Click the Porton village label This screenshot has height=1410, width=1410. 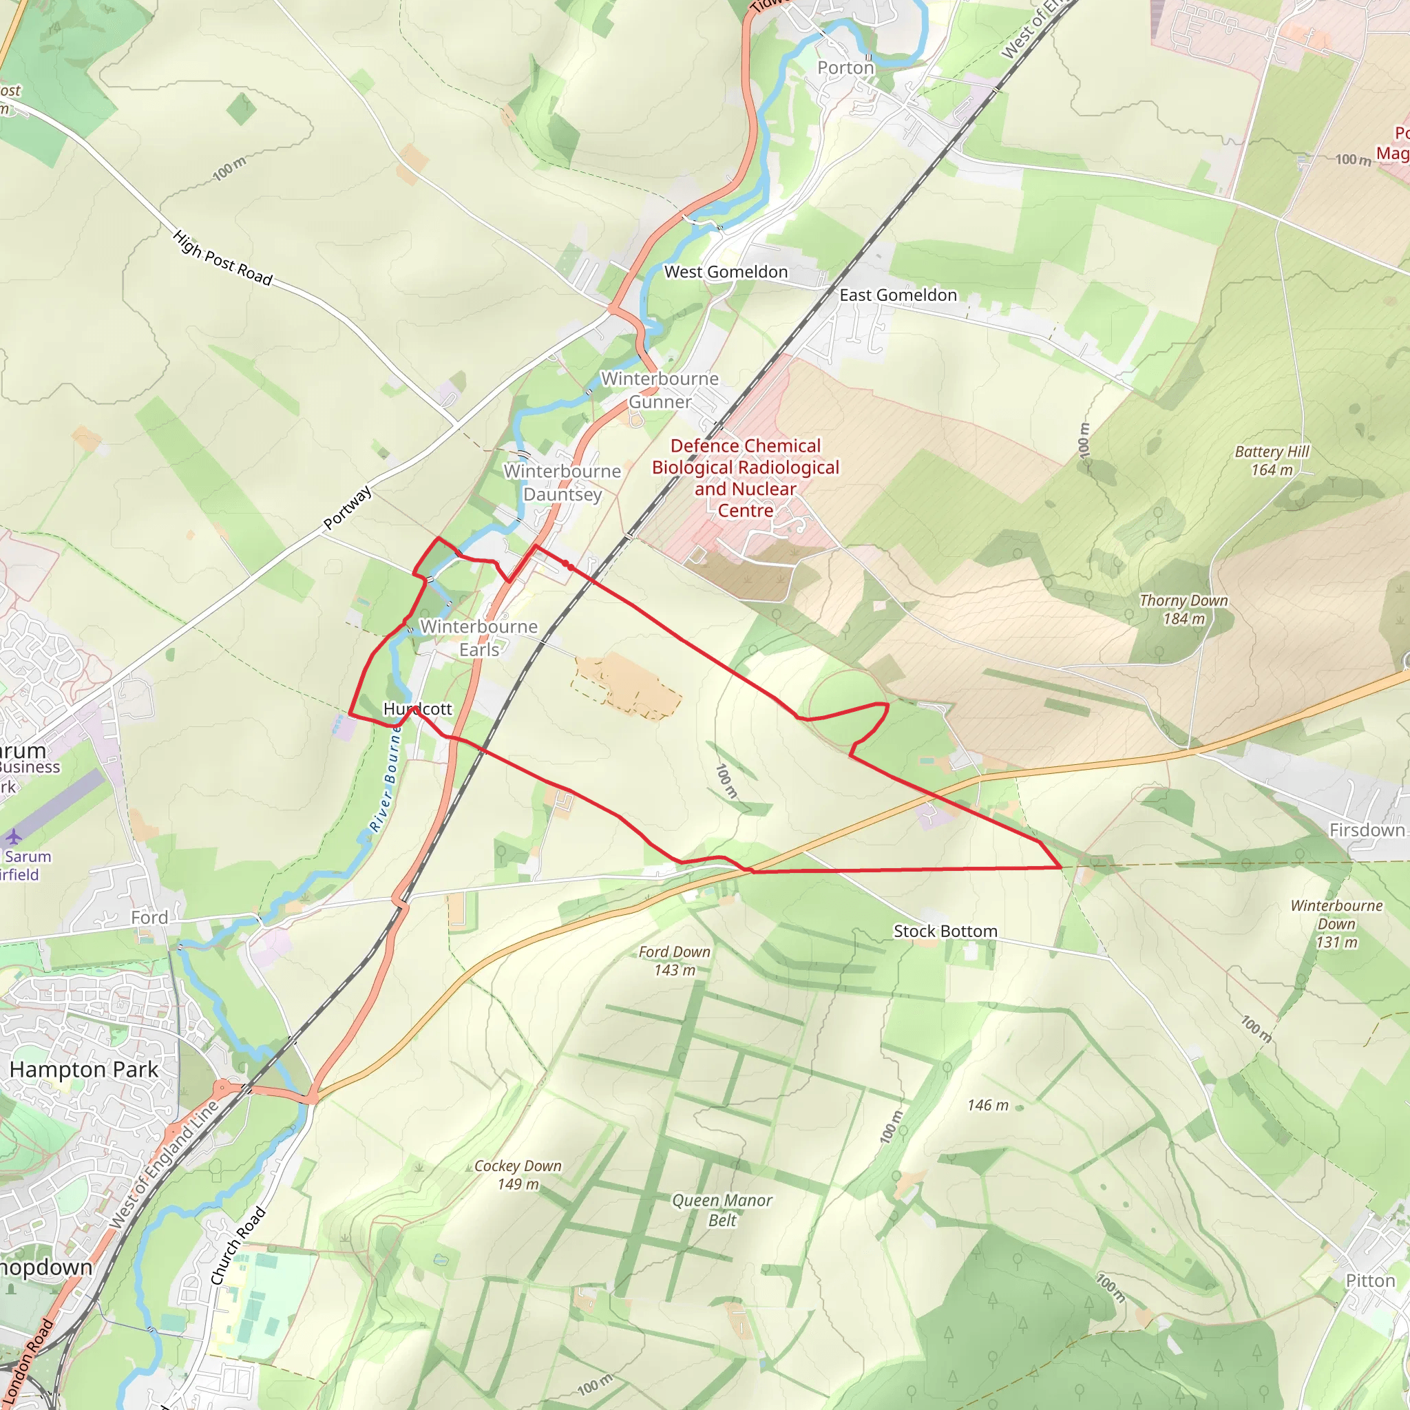[x=845, y=68]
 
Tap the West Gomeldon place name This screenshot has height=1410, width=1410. [x=726, y=271]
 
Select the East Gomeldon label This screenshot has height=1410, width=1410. [x=898, y=295]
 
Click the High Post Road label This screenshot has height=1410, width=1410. [x=222, y=257]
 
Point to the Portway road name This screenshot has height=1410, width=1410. [x=348, y=507]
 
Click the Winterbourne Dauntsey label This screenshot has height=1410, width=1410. [x=562, y=483]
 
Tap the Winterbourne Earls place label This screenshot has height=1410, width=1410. [x=478, y=638]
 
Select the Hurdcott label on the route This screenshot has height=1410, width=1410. [x=417, y=708]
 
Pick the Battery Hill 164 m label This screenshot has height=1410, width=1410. [x=1272, y=461]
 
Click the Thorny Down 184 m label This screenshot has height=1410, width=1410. [x=1183, y=609]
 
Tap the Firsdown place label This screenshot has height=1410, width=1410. [x=1366, y=830]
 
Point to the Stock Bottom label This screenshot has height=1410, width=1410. [x=945, y=932]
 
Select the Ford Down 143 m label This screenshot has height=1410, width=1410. [x=673, y=960]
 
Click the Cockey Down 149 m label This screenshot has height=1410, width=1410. [x=518, y=1175]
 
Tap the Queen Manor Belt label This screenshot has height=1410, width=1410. [x=722, y=1210]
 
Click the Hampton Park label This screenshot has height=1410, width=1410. [x=84, y=1070]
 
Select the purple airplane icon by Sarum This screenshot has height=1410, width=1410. [x=13, y=836]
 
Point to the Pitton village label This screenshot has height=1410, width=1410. [x=1370, y=1281]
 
